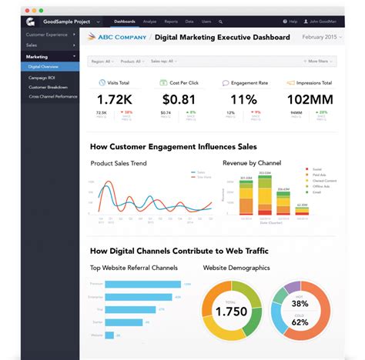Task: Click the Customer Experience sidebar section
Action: [x=45, y=35]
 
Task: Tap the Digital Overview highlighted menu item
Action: [x=45, y=67]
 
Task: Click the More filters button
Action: [x=320, y=61]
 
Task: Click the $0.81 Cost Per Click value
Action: [x=178, y=98]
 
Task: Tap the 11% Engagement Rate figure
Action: [x=243, y=98]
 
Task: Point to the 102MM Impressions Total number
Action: [x=309, y=98]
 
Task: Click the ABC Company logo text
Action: [x=118, y=37]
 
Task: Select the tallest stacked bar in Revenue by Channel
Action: [x=264, y=197]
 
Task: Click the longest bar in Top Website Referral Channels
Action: [x=142, y=284]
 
